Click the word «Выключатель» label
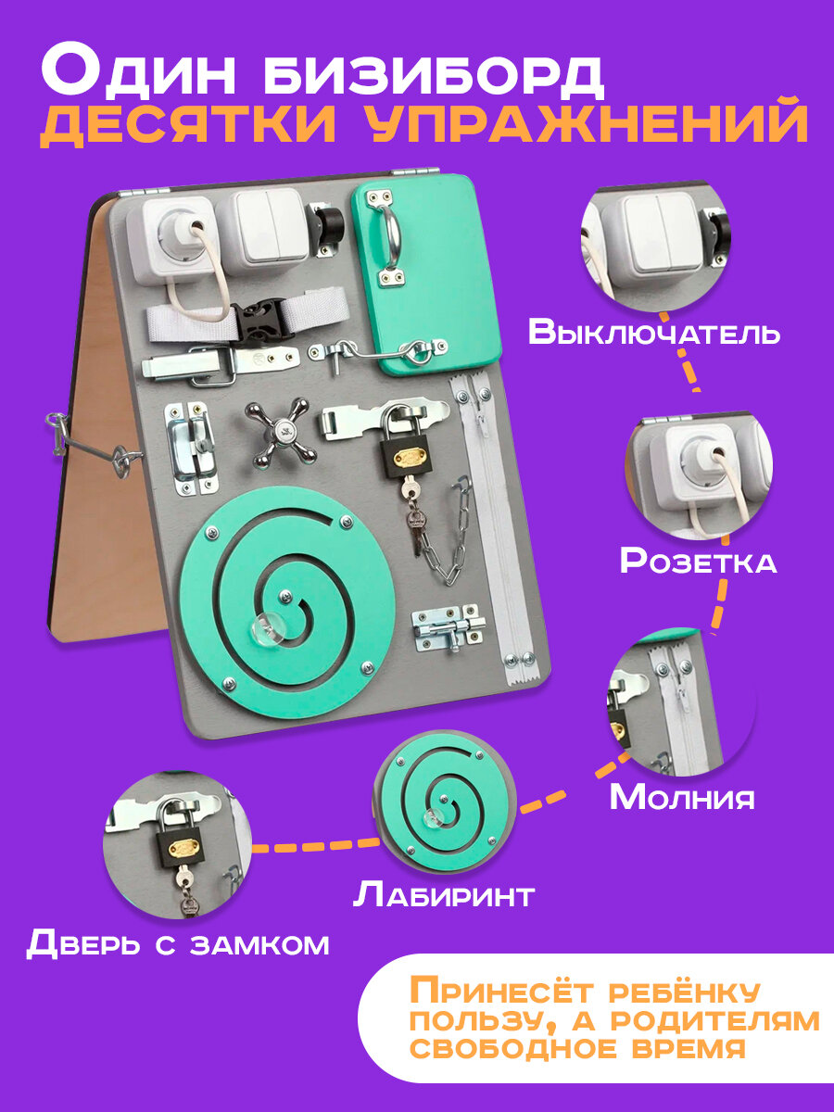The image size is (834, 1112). (x=654, y=333)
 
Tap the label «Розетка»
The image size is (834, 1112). (x=698, y=561)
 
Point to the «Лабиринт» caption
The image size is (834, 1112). (x=444, y=895)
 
